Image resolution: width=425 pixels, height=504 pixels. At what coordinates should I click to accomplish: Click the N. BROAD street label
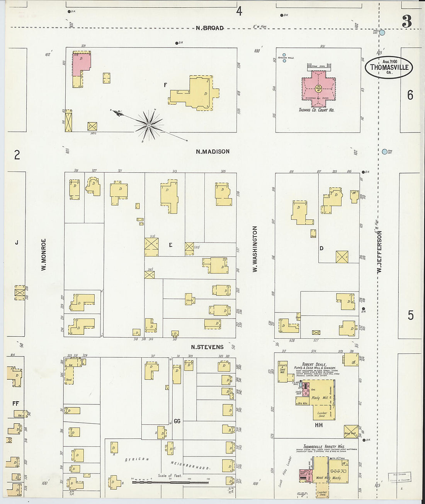point(209,28)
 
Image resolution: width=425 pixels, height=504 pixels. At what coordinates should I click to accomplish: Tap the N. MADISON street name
point(212,152)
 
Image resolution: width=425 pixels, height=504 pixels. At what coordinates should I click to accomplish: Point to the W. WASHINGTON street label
point(255,249)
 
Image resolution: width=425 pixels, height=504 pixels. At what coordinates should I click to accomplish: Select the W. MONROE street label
point(44,254)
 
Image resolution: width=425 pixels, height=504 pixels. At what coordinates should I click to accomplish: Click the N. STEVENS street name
point(207,347)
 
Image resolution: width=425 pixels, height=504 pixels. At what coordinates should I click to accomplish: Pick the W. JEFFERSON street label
point(379,252)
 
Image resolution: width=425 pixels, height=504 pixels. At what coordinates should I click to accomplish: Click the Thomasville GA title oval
point(389,67)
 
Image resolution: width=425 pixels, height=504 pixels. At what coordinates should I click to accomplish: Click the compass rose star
point(149,125)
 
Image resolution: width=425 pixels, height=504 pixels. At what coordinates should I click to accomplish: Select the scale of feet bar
point(170,482)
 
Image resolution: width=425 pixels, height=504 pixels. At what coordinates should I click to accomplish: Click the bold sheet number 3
point(406,22)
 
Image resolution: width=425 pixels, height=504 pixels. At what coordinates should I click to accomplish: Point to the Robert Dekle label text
point(314,364)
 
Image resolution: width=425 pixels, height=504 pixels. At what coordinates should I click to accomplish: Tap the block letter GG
point(177,421)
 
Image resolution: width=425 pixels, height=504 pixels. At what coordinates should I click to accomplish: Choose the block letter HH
point(319,425)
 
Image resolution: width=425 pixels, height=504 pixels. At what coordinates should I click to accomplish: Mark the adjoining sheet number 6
point(410,95)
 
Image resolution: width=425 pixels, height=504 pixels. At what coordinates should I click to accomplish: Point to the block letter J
point(17,243)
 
